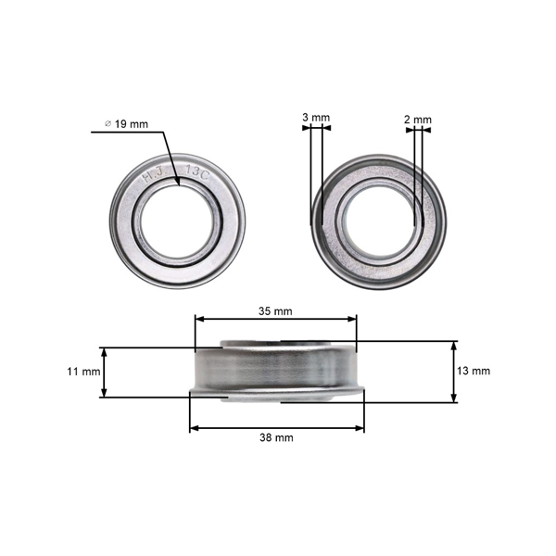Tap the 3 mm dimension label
[316, 119]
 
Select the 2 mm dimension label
[418, 120]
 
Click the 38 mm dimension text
[277, 436]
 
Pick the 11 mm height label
[83, 373]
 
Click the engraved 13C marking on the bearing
[196, 172]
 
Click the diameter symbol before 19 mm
[108, 124]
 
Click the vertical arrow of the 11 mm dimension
[104, 373]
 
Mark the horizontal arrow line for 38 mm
[276, 427]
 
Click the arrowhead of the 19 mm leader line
[178, 183]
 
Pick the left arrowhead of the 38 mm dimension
[193, 427]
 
